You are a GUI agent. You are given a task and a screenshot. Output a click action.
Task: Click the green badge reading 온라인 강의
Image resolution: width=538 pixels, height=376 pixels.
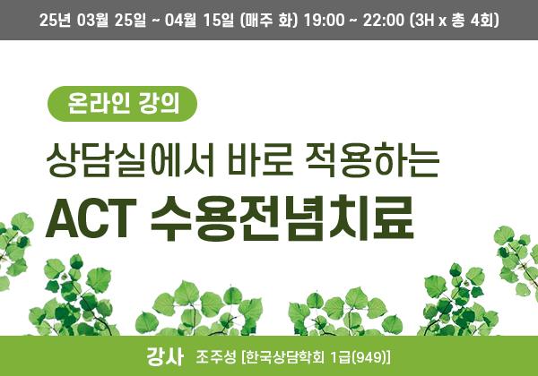pos(122,104)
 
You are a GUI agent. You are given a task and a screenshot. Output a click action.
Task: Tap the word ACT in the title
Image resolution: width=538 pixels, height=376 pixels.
pos(91,218)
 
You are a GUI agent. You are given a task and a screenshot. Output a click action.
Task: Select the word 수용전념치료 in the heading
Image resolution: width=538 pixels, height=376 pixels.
pos(282,218)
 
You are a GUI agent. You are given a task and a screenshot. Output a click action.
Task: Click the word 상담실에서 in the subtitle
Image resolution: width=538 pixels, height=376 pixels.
pos(130,160)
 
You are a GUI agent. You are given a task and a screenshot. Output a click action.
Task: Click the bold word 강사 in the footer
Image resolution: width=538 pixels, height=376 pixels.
pos(165,357)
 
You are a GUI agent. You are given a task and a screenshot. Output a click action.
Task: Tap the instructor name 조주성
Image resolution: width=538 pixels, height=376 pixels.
pos(216,357)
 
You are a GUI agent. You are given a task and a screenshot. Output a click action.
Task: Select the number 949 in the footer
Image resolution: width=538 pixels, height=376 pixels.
pos(369,357)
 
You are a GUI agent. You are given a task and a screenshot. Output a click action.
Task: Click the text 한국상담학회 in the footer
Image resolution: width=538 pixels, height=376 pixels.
pos(285,357)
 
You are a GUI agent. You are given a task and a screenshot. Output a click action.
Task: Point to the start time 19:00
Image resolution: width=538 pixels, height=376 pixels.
pos(325,21)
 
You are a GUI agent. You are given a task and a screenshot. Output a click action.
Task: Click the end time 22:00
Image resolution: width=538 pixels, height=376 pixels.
pos(384,21)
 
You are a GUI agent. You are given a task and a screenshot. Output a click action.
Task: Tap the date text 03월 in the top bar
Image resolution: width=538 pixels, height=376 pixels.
pos(92,21)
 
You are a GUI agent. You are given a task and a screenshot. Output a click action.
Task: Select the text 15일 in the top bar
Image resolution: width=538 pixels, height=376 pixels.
pos(219,21)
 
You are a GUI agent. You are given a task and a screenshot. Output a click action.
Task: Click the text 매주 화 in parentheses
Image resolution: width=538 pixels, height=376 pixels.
pos(269,21)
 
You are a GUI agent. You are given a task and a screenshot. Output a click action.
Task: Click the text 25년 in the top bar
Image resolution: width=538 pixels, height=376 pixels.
pos(55,21)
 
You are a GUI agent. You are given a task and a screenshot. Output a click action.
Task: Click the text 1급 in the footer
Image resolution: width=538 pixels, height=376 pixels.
pos(340,357)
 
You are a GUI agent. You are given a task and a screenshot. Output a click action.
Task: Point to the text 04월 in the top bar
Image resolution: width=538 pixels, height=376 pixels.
pos(180,21)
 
